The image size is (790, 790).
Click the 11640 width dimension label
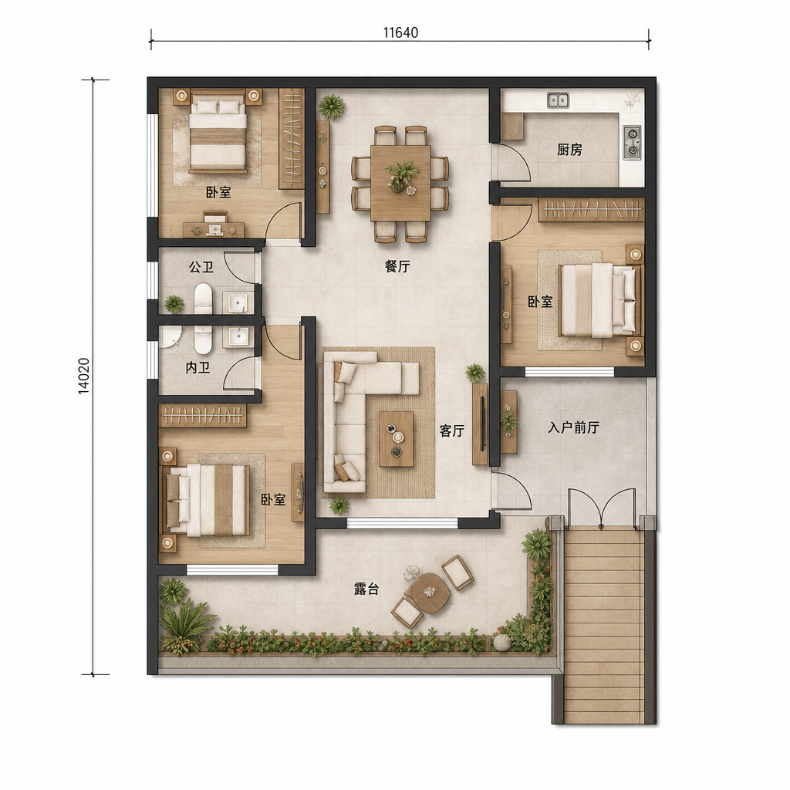[400, 32]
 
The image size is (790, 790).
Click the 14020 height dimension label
[85, 376]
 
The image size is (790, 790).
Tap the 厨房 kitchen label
[570, 150]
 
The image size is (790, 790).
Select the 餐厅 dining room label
[397, 266]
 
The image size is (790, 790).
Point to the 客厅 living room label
[452, 430]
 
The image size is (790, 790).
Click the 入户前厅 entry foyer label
[574, 427]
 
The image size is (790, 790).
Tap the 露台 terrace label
[366, 589]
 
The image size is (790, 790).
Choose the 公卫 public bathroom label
[201, 266]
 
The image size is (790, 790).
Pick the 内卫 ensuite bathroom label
[198, 368]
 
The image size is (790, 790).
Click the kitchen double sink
[559, 100]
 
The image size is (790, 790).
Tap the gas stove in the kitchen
[632, 142]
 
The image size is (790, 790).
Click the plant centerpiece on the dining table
[401, 174]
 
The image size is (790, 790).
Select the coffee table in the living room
[397, 439]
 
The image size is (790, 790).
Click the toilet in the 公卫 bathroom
[204, 298]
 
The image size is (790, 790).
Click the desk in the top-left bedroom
[214, 229]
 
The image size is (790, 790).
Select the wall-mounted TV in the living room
[483, 424]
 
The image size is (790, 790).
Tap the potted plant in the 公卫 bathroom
[174, 303]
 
